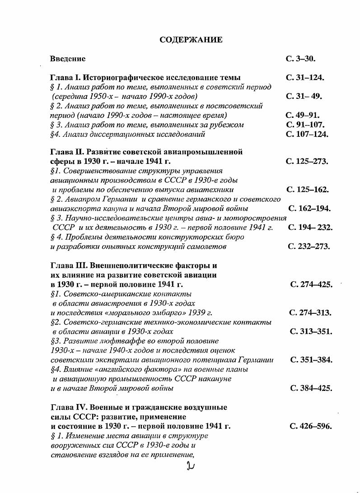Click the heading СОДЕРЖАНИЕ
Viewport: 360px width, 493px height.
tap(191, 40)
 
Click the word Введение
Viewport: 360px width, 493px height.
tap(68, 59)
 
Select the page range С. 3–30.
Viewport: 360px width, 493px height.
tap(300, 59)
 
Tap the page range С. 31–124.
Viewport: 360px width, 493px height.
tap(305, 78)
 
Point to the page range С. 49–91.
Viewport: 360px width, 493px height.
tap(303, 115)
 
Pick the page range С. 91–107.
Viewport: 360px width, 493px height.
tap(305, 125)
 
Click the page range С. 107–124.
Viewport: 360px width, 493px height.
tap(307, 134)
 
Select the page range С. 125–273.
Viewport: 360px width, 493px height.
tap(307, 161)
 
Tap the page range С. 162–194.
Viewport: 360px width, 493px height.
tap(309, 209)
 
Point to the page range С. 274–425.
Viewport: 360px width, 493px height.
tap(311, 284)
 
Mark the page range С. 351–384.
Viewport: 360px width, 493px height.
tap(311, 360)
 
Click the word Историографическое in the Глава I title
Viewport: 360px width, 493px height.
tap(121, 78)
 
